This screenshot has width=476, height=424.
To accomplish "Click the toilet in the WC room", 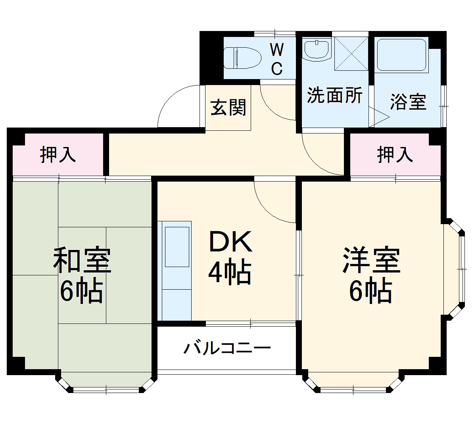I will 242,58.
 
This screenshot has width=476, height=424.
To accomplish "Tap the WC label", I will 276,60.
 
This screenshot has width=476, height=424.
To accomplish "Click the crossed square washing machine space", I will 351,53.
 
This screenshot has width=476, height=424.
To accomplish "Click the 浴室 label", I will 408,102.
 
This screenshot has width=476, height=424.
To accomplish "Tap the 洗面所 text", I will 335,95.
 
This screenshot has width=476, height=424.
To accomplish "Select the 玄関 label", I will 228,107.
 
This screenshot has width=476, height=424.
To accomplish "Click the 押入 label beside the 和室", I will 58,155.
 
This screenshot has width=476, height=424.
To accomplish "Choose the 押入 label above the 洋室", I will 395,155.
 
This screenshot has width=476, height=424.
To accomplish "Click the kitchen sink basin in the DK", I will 177,246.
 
